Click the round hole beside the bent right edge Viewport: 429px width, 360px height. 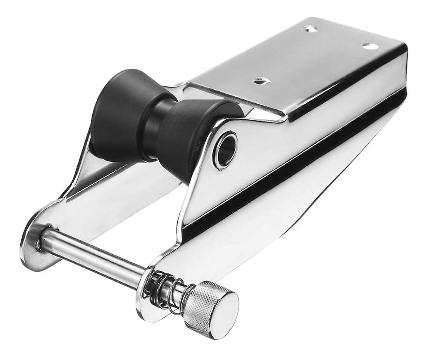370,46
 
